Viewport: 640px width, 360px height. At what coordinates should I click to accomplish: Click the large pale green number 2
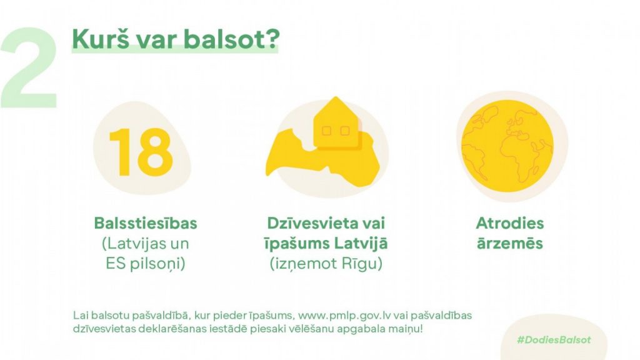(29, 67)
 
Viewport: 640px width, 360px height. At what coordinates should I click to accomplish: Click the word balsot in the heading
(232, 39)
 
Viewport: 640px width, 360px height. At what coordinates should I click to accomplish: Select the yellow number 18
(141, 152)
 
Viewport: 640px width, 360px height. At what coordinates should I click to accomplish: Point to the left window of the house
(326, 131)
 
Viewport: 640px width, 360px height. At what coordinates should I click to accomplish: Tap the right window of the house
(345, 131)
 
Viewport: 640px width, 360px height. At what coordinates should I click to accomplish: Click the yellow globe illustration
(507, 146)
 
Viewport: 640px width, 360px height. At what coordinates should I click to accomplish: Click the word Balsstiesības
(146, 223)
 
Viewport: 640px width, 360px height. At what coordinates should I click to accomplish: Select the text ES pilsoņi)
(146, 264)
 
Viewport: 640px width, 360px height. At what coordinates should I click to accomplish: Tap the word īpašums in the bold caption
(297, 243)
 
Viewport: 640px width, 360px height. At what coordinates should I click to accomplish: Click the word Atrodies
(510, 223)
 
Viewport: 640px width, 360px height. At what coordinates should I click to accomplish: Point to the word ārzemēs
(510, 243)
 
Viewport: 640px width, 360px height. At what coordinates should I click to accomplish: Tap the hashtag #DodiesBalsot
(554, 339)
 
